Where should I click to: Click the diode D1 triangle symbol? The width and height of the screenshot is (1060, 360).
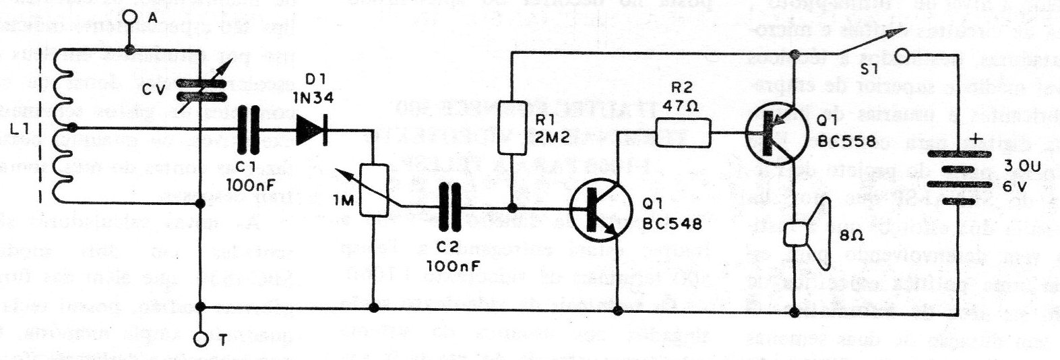[x=311, y=128]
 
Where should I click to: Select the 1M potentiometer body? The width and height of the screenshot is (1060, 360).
[x=373, y=189]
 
